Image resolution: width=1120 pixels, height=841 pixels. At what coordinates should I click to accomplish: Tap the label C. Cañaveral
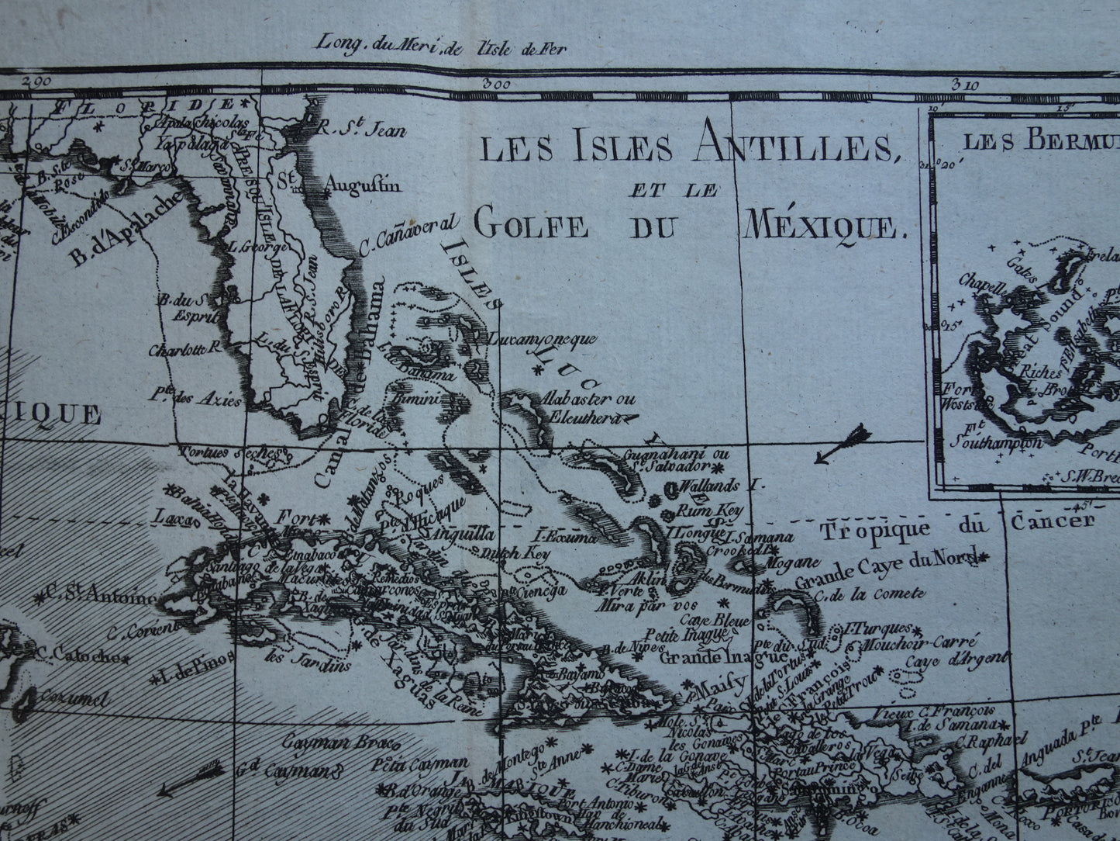point(410,233)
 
